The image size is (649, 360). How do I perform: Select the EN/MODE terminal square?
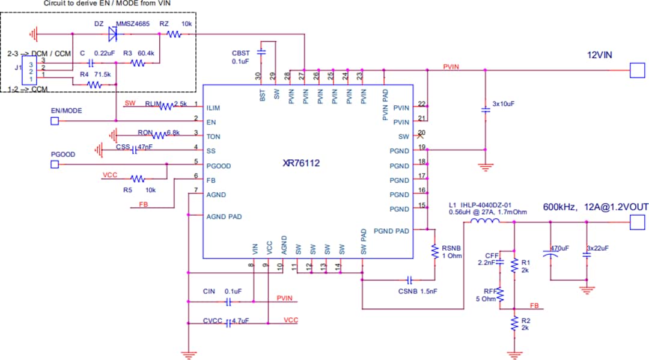pos(54,121)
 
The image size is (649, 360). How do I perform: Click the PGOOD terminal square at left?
pos(54,164)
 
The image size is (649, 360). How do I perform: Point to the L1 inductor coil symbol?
pos(484,222)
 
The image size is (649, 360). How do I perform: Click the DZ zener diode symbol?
pos(112,34)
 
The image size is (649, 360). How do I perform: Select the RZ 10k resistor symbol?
pos(174,34)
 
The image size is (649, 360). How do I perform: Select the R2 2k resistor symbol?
pos(514,324)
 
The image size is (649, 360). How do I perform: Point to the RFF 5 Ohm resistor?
pos(499,294)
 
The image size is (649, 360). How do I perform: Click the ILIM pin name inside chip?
pos(213,108)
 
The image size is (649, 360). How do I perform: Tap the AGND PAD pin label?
pos(224,216)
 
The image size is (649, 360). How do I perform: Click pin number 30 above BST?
pos(258,76)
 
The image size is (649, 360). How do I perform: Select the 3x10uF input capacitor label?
pos(504,103)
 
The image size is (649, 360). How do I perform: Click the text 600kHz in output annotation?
pos(559,207)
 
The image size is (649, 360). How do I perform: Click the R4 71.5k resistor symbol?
pos(94,85)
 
